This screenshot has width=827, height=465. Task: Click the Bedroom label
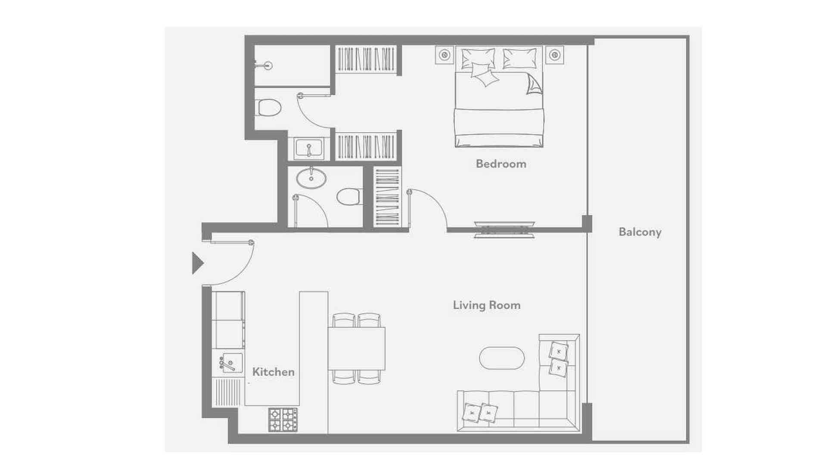pos(501,164)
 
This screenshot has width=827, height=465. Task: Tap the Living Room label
pos(487,305)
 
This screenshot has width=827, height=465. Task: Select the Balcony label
pos(640,232)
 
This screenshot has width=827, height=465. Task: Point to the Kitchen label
pos(274,372)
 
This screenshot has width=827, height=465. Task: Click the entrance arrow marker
pos(197,263)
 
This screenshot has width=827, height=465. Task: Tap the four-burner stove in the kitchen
pos(283,420)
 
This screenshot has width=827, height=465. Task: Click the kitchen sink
pos(230,363)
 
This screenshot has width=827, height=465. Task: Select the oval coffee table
pos(502,358)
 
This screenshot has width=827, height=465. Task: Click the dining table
pos(357,348)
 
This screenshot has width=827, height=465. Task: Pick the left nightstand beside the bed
pos(445,55)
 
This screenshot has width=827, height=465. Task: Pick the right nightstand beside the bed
pos(555,55)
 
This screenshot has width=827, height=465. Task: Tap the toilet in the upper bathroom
pos(268,108)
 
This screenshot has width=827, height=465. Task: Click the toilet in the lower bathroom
pos(349,196)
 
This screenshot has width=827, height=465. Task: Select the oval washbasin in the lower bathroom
pos(311,178)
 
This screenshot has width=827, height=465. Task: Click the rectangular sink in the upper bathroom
pos(309,148)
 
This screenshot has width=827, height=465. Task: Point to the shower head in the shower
pos(264,66)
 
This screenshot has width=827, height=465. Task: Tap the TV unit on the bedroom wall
pos(504,230)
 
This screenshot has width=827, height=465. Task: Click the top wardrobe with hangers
pos(366,59)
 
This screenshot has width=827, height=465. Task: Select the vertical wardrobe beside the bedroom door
pos(387,197)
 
